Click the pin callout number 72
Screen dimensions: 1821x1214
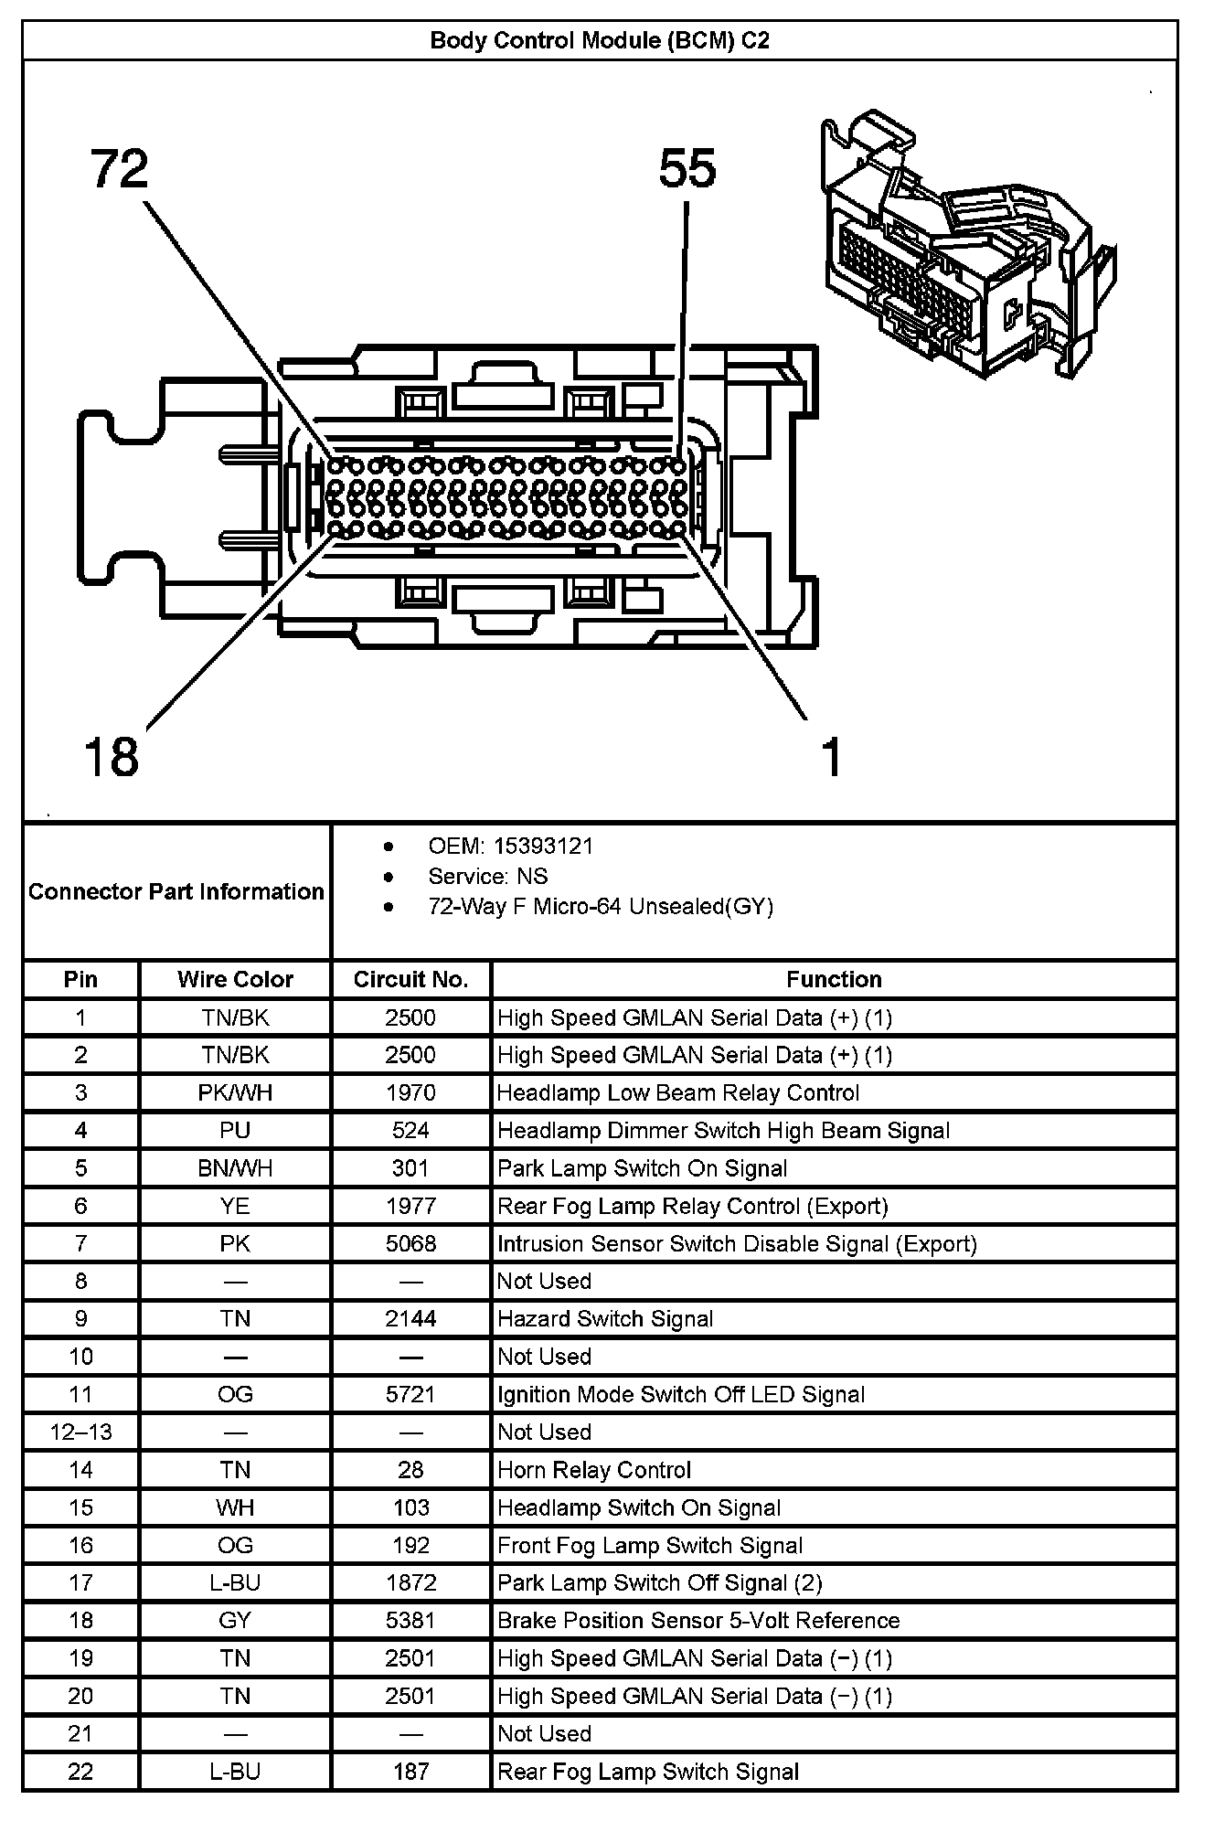(x=120, y=170)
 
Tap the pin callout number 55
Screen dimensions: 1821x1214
(x=687, y=169)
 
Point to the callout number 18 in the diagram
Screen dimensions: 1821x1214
(x=112, y=757)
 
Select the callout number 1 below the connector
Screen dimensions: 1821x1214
(x=830, y=758)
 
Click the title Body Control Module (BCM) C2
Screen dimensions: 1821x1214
(x=600, y=41)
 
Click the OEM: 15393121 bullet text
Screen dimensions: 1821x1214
(x=510, y=847)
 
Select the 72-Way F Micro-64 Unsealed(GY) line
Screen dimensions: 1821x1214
(x=601, y=907)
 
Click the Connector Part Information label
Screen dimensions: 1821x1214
(x=176, y=891)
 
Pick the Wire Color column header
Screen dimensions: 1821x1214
(x=235, y=980)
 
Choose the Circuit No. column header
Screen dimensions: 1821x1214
(x=410, y=980)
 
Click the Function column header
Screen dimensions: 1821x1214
(x=834, y=980)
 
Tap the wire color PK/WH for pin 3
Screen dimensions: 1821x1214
(x=235, y=1093)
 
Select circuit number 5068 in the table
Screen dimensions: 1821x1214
(x=410, y=1244)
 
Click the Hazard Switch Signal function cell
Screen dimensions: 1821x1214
(x=605, y=1319)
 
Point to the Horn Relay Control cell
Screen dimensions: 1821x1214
(x=594, y=1470)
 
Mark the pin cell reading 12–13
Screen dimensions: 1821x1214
(x=80, y=1432)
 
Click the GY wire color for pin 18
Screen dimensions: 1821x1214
(x=235, y=1621)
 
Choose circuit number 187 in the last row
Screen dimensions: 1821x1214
(x=410, y=1772)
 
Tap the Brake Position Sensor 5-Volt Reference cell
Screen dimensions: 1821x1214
(x=698, y=1621)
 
